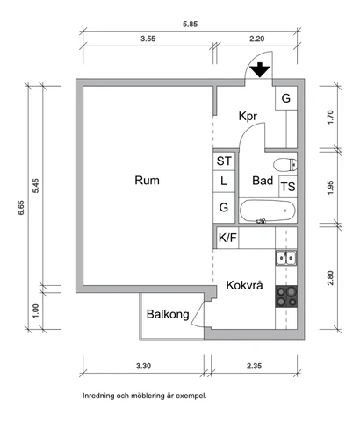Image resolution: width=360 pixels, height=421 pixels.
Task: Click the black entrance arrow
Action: click(x=260, y=70)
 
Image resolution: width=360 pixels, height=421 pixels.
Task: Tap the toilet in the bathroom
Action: click(x=285, y=165)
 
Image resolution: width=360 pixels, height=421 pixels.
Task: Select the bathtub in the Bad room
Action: click(x=268, y=210)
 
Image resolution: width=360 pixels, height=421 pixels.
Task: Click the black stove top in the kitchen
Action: click(x=286, y=296)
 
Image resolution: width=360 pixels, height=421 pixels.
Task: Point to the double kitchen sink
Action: click(x=286, y=258)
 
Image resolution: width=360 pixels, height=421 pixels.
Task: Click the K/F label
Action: click(x=227, y=238)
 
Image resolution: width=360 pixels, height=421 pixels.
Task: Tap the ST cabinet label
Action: click(x=224, y=161)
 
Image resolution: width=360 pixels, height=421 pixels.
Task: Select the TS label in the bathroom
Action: click(x=288, y=187)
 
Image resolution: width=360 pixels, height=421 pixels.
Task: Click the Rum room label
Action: click(x=147, y=180)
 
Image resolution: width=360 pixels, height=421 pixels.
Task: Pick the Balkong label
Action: click(x=168, y=314)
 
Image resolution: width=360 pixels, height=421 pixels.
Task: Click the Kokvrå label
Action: click(x=244, y=285)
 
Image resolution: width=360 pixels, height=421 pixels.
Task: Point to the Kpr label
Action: click(x=248, y=116)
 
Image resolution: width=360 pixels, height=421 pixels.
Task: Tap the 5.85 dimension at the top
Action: click(x=191, y=24)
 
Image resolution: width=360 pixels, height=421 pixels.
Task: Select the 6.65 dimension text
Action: click(x=21, y=208)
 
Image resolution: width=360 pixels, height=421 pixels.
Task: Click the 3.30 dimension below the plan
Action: click(x=143, y=366)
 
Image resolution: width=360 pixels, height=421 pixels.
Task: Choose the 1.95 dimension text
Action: click(x=330, y=188)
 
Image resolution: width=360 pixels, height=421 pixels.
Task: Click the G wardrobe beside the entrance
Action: click(x=286, y=98)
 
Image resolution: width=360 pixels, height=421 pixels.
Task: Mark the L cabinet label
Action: click(x=224, y=181)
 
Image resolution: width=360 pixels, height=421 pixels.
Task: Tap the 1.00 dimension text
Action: click(x=35, y=311)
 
